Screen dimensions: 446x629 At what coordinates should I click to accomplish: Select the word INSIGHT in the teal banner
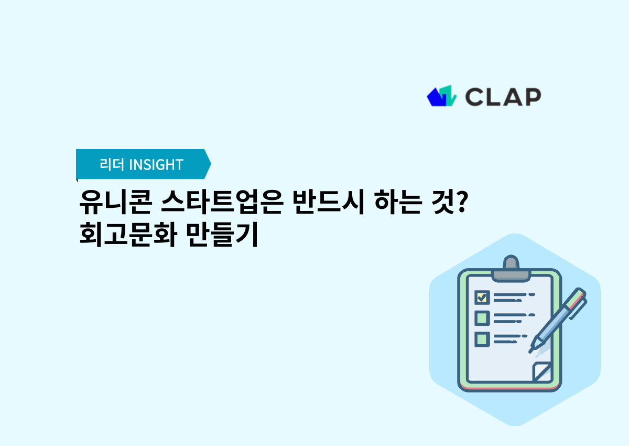tap(156, 164)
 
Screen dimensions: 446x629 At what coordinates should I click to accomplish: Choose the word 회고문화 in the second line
tap(125, 235)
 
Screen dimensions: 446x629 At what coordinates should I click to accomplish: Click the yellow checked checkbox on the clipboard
tap(482, 298)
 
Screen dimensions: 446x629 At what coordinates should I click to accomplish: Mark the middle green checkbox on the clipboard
tap(482, 318)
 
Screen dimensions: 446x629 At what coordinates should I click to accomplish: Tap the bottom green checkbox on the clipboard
tap(482, 338)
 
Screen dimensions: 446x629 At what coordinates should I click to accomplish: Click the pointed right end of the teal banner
tap(208, 164)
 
